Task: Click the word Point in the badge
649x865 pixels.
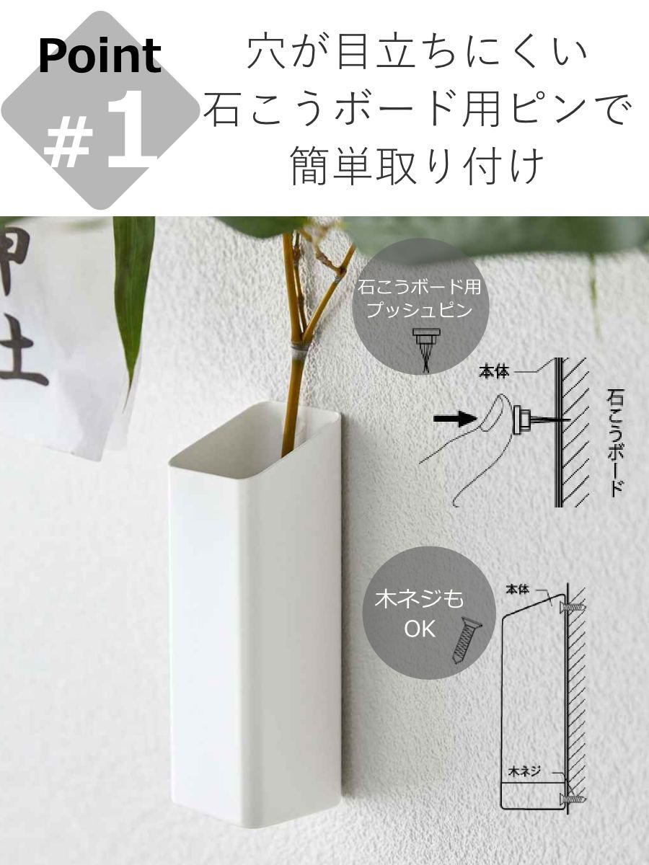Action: (100, 56)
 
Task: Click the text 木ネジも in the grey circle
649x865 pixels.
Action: (419, 600)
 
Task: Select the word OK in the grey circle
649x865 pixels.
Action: (419, 629)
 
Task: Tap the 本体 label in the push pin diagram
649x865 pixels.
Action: (494, 372)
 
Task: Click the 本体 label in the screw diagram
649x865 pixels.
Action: (517, 590)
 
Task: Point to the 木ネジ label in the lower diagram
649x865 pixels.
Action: (524, 771)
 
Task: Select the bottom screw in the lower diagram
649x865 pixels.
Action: (573, 798)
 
